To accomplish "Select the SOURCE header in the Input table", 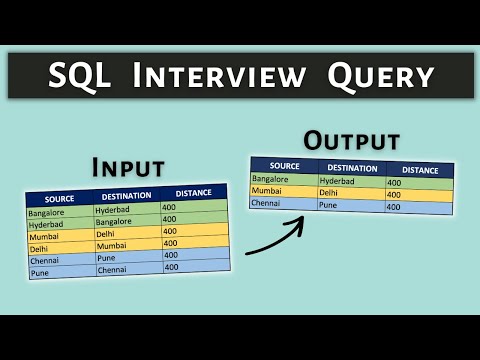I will tap(59, 199).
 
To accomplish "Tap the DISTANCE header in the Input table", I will tap(193, 192).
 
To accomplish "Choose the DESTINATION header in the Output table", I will tap(351, 168).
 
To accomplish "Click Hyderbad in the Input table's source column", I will tap(48, 226).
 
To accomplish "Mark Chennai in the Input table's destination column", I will tap(113, 269).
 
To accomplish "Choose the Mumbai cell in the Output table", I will tap(268, 190).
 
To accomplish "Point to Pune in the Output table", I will tap(330, 205).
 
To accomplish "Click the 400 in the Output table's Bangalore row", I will tap(394, 183).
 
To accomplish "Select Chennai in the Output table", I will tap(267, 202).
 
